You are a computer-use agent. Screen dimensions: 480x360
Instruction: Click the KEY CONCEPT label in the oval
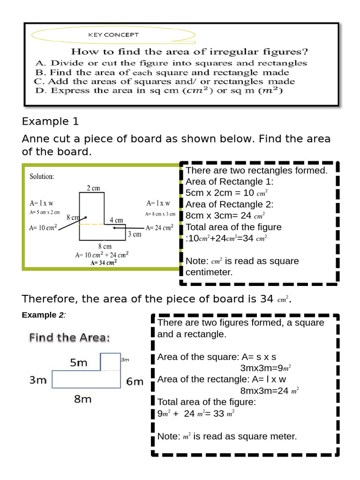(113, 35)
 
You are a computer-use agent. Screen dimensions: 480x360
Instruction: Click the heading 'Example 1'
(50, 121)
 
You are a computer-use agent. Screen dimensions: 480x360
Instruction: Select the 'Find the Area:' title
(69, 337)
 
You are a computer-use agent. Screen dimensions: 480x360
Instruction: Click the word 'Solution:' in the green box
(42, 177)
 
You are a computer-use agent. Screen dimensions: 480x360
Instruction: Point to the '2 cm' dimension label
(93, 188)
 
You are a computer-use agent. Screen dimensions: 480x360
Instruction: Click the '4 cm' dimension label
(116, 219)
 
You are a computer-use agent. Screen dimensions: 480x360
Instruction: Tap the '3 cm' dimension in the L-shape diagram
(135, 234)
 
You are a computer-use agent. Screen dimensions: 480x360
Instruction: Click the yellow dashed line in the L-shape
(91, 225)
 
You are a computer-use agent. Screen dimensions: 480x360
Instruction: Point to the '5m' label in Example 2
(79, 362)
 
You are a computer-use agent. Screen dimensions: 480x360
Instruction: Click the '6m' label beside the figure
(135, 382)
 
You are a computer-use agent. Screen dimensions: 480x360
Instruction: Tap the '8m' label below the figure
(83, 399)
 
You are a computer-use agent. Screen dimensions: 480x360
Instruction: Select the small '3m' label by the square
(125, 360)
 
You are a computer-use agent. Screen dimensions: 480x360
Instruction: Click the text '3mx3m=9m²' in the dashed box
(268, 368)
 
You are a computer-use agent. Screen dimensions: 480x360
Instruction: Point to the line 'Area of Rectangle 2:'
(229, 204)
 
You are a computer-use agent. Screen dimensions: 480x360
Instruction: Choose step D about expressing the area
(159, 91)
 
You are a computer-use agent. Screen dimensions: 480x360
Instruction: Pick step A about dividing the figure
(171, 63)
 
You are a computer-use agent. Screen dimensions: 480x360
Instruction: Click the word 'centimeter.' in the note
(209, 272)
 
